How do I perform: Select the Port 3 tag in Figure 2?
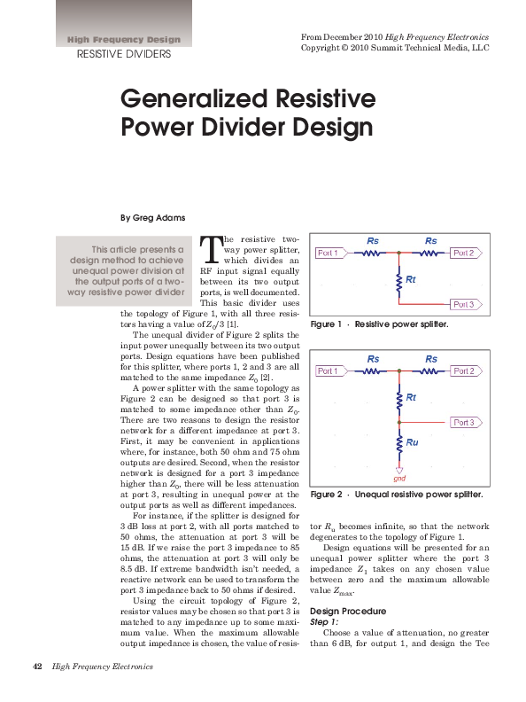tap(463, 422)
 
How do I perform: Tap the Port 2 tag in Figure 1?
tap(463, 253)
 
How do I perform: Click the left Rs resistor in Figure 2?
tap(372, 370)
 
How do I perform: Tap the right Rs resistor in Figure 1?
tap(430, 253)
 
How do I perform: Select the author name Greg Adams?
tap(153, 217)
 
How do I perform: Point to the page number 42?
tap(38, 667)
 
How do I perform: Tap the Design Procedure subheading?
tap(347, 612)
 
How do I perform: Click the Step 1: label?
tap(325, 623)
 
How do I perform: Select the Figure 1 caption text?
tap(380, 325)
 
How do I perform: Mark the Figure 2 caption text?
tap(396, 493)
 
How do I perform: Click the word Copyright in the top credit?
tap(323, 48)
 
